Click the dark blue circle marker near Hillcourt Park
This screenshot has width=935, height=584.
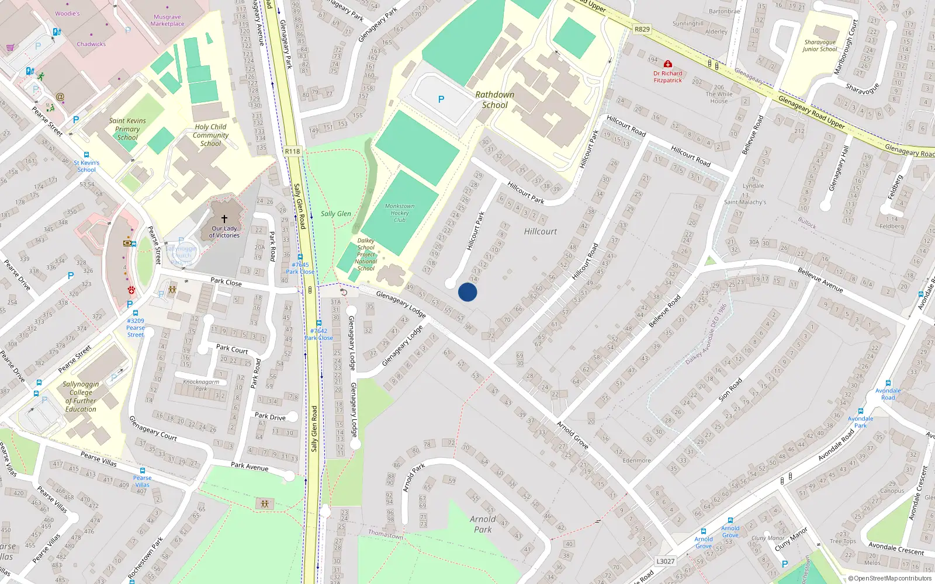click(467, 292)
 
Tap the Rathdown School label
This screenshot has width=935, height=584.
click(495, 100)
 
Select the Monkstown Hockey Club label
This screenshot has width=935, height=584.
click(400, 213)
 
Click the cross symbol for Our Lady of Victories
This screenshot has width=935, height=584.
click(224, 219)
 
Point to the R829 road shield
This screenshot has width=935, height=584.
click(642, 29)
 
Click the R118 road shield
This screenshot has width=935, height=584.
click(293, 151)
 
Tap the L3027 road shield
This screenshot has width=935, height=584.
click(665, 561)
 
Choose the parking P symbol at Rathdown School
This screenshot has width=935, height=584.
click(441, 99)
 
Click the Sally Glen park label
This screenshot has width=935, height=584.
click(336, 214)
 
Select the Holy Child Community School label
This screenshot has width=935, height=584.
click(211, 135)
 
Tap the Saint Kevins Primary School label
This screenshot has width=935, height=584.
click(127, 129)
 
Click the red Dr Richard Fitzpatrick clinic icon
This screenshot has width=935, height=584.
click(668, 64)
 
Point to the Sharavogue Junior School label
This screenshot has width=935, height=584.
click(820, 46)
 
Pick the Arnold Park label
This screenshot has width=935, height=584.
click(483, 524)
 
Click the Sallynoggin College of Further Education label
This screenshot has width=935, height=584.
click(81, 397)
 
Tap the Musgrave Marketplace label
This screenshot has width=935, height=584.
click(167, 20)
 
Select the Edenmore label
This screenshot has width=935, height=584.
click(636, 460)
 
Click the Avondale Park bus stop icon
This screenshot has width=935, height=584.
click(861, 411)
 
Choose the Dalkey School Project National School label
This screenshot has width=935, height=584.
click(366, 255)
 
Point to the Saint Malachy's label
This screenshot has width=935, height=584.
click(745, 202)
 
